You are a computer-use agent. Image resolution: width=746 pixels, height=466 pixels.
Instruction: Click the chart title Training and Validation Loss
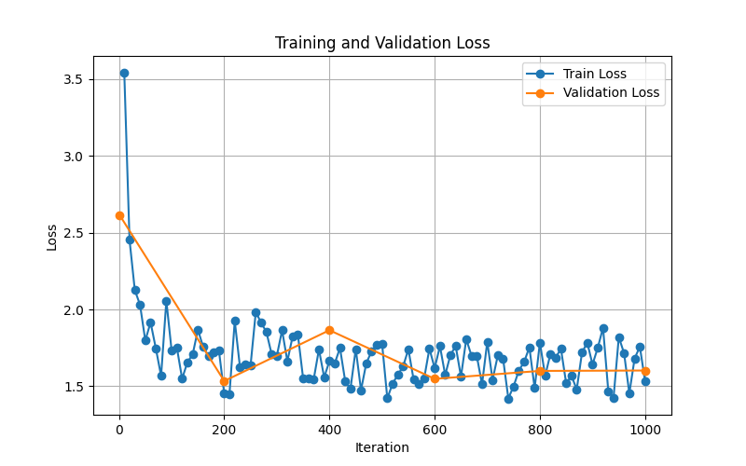(x=382, y=43)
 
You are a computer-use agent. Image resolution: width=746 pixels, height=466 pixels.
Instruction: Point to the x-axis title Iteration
(x=382, y=447)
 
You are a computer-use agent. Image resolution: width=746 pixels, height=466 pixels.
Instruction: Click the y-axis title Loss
(x=52, y=237)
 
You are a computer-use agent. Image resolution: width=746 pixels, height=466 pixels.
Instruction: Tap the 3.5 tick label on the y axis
(x=72, y=79)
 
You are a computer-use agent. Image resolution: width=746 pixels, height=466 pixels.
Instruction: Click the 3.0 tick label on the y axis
(x=72, y=157)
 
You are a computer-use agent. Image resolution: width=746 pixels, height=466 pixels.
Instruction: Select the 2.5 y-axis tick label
(x=72, y=233)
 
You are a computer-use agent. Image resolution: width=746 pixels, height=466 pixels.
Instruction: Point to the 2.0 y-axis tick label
(x=72, y=309)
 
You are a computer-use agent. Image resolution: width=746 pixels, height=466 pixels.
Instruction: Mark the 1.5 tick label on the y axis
(x=72, y=387)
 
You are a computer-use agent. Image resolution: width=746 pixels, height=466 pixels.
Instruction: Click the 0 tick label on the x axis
(x=119, y=429)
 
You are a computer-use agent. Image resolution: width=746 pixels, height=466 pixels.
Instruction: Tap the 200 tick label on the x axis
(x=224, y=429)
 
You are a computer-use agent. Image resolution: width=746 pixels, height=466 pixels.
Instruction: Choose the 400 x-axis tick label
(x=329, y=429)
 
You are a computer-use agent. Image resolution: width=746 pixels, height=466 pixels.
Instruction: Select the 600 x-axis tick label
(x=435, y=429)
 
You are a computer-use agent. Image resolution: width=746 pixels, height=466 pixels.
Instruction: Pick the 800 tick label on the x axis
(x=540, y=429)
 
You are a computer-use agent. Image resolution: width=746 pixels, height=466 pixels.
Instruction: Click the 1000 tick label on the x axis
(x=645, y=429)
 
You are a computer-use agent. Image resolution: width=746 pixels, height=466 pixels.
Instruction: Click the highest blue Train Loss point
(x=124, y=73)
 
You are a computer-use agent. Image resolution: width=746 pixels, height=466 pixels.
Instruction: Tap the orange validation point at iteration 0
(x=119, y=215)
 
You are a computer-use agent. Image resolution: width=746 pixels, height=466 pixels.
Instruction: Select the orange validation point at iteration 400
(x=329, y=330)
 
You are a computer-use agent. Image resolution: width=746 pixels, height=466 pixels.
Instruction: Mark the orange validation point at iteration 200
(x=224, y=381)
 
